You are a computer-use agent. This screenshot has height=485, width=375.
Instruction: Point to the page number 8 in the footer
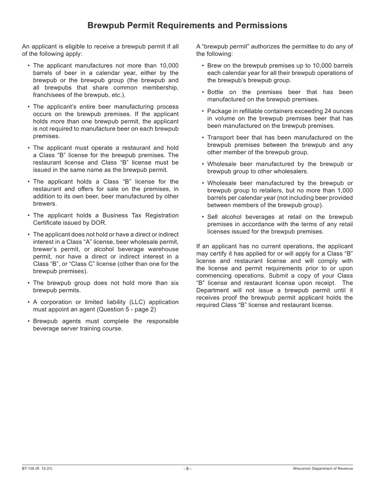pyautogui.click(x=187, y=468)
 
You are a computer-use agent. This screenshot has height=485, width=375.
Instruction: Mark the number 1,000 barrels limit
pyautogui.click(x=345, y=190)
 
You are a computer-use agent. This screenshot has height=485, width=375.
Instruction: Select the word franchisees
pyautogui.click(x=50, y=95)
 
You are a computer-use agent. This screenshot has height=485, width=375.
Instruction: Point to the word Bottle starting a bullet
pyautogui.click(x=216, y=92)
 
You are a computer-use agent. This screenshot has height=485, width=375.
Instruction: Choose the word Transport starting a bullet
pyautogui.click(x=221, y=138)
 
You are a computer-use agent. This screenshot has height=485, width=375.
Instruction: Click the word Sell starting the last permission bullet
pyautogui.click(x=213, y=217)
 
